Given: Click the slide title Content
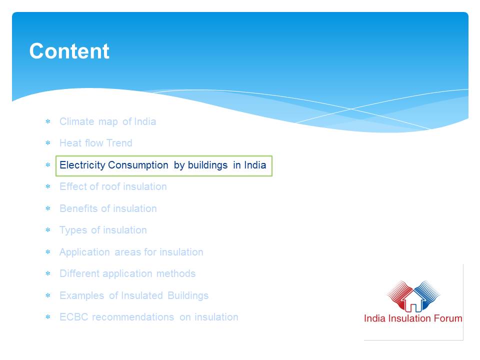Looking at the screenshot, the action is pyautogui.click(x=69, y=51).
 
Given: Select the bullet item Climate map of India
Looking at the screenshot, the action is pyautogui.click(x=108, y=121).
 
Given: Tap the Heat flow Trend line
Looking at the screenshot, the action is pyautogui.click(x=96, y=143).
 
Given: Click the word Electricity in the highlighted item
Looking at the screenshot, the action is pyautogui.click(x=82, y=165).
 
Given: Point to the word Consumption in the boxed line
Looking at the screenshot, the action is pyautogui.click(x=138, y=165).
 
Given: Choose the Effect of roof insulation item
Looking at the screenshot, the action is pyautogui.click(x=113, y=186).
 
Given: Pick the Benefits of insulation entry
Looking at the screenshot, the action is pyautogui.click(x=108, y=208).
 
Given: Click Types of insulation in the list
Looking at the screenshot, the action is pyautogui.click(x=103, y=230).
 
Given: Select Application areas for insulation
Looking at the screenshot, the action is pyautogui.click(x=131, y=252).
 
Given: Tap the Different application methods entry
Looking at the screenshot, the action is pyautogui.click(x=127, y=273).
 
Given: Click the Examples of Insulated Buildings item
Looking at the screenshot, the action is pyautogui.click(x=134, y=295).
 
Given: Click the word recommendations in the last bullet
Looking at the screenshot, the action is pyautogui.click(x=133, y=317).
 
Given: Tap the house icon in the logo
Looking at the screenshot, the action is pyautogui.click(x=413, y=301).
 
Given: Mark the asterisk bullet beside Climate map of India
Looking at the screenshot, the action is pyautogui.click(x=48, y=121).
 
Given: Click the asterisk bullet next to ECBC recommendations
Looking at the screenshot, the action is pyautogui.click(x=48, y=317).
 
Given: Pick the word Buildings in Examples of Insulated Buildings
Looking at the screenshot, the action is pyautogui.click(x=188, y=295).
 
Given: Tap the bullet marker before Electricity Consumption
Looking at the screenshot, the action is pyautogui.click(x=48, y=165).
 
